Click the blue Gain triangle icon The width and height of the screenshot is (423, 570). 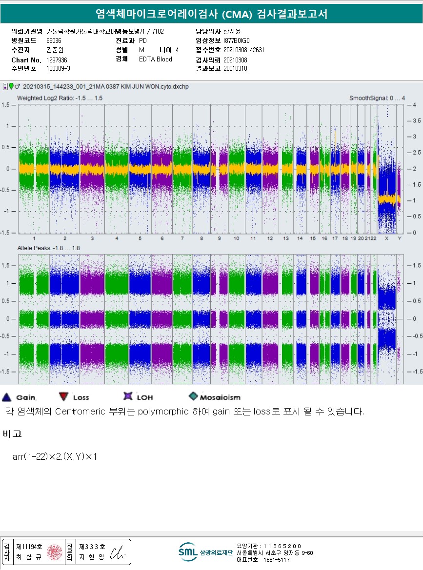pos(7,397)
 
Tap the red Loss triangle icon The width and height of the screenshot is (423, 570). pos(63,397)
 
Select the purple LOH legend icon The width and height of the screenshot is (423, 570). pos(128,397)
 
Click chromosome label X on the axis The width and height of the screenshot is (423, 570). pos(386,238)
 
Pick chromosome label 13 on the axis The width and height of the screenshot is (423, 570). pos(286,238)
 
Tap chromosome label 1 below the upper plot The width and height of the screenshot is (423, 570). pos(34,238)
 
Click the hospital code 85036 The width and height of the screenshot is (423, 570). pos(54,41)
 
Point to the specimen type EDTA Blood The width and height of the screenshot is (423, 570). pos(155,59)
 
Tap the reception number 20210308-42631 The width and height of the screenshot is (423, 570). pos(243,50)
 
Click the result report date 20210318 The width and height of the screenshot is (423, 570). pos(235,69)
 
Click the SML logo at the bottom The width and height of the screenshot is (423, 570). pos(188,551)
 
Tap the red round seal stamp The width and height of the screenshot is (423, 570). pos(54,552)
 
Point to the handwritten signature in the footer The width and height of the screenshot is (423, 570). pos(118,552)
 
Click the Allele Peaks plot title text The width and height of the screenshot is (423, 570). pos(49,248)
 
